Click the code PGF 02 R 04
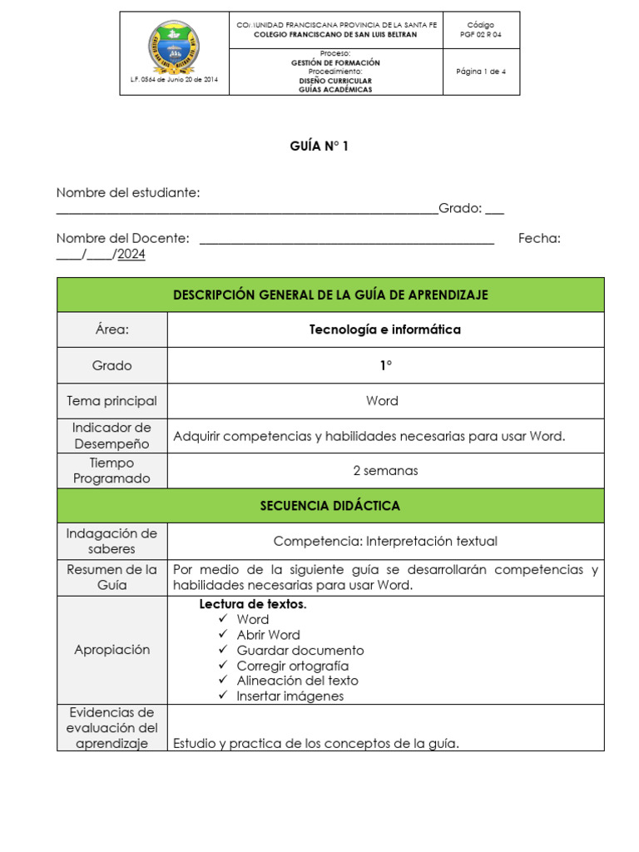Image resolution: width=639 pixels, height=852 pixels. pos(481,35)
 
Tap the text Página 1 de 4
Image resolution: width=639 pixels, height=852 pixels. pos(481,72)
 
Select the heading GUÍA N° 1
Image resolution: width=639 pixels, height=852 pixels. pos(319,146)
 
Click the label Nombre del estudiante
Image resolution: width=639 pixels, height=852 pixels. pos(128,193)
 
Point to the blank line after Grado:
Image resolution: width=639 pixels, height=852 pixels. pos(494,209)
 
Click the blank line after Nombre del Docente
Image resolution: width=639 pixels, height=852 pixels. pos(347,239)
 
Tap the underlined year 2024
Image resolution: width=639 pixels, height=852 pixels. pos(131,255)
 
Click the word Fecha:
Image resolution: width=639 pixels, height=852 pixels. pos(539,239)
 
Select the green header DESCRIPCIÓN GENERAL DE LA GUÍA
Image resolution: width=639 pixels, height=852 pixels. pos(330,295)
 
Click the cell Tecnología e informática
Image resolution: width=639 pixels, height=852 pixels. pos(385,329)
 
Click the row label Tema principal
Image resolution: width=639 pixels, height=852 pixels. pos(112,401)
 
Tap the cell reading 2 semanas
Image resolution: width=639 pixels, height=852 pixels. pos(385,471)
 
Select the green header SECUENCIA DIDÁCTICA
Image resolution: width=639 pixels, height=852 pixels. pos(330,506)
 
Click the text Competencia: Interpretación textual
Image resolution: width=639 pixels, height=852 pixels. pos(385,542)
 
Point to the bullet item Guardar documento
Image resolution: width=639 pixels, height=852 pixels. pos(300,651)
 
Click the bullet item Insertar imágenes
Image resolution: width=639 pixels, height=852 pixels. pos(290,696)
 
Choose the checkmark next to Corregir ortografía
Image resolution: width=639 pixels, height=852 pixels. pos(222,666)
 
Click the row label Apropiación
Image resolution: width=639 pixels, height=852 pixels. pos(112,650)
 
